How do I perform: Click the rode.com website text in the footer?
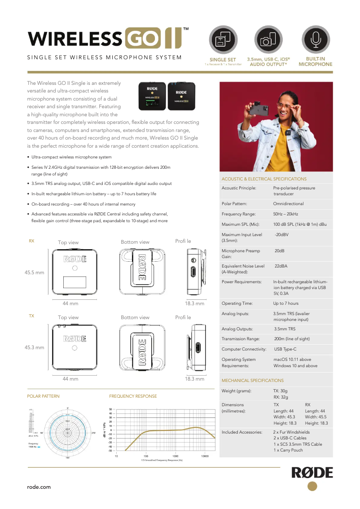[39, 487]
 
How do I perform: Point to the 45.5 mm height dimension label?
[34, 272]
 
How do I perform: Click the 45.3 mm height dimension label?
[34, 347]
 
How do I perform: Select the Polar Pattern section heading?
[43, 396]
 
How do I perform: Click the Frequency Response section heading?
[133, 396]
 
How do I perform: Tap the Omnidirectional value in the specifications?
[288, 204]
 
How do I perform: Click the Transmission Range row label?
[241, 339]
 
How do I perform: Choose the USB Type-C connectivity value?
[285, 349]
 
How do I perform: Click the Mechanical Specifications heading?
[252, 381]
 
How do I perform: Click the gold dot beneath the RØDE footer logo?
[312, 486]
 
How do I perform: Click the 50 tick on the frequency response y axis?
[110, 409]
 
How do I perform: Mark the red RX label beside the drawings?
[31, 241]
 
